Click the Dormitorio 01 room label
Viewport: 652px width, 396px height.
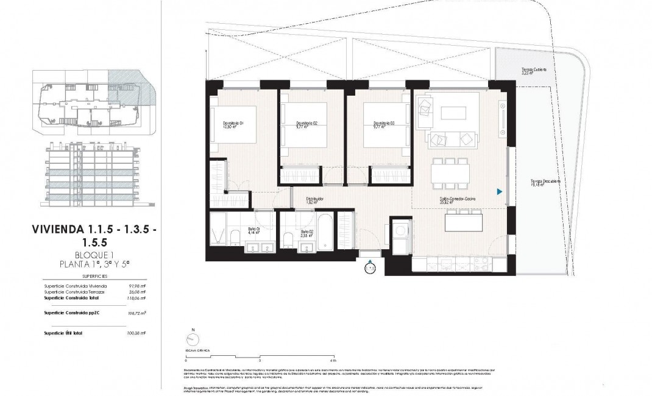[233, 125]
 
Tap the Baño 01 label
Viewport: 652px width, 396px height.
[253, 230]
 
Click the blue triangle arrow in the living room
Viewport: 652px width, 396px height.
[499, 192]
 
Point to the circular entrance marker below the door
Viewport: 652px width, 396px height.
[369, 267]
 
